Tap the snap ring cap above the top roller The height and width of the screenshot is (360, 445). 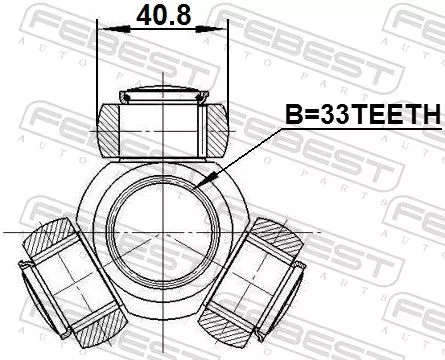(x=162, y=96)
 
